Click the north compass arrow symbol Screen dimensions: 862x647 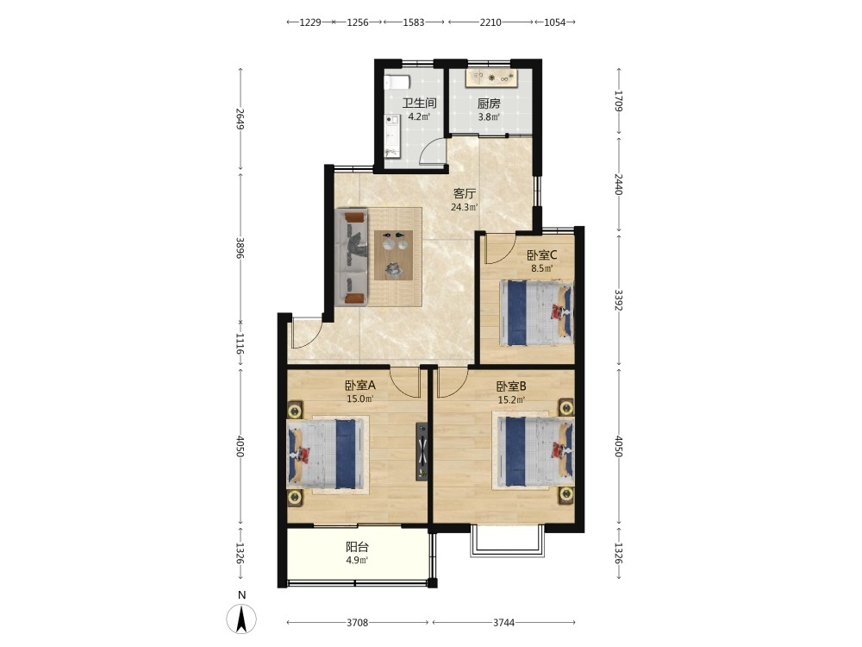pos(241,619)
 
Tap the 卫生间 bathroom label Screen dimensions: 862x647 pos(420,103)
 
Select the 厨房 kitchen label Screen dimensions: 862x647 pos(489,103)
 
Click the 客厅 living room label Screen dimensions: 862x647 pos(465,193)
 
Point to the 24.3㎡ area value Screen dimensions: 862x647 pos(465,207)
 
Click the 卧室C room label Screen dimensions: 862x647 pos(542,255)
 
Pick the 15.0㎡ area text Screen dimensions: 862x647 pos(360,399)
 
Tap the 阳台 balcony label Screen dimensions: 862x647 pos(358,547)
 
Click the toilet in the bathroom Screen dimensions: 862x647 pos(397,83)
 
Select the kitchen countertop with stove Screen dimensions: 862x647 pos(491,78)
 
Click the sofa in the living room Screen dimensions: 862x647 pos(352,257)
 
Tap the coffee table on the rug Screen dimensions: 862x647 pos(394,254)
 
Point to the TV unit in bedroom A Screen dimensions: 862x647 pos(422,451)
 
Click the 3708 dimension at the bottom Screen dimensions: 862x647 pos(358,623)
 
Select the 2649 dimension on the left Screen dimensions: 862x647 pos(240,119)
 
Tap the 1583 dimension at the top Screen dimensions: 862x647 pos(414,22)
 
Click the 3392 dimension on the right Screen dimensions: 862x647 pos(618,300)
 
